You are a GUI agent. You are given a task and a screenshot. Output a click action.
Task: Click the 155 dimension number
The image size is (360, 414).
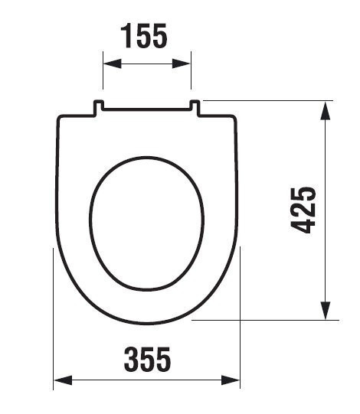tap(144, 36)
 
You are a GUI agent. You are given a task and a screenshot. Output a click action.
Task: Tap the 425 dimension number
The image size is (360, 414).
tap(303, 210)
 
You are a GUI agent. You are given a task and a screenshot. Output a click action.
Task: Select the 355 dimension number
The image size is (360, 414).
tap(147, 360)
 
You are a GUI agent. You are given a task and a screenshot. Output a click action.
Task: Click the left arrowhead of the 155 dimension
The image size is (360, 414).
tap(112, 64)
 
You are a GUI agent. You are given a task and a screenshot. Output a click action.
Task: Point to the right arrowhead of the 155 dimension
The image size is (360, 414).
tap(182, 64)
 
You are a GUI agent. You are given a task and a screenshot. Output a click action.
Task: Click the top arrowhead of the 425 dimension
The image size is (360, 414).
tap(325, 111)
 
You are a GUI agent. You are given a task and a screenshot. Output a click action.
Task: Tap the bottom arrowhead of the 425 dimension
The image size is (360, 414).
tap(325, 311)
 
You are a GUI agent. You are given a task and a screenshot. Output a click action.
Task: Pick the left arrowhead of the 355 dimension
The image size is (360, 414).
tap(63, 380)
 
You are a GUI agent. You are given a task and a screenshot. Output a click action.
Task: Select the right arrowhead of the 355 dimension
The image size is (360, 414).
tap(231, 380)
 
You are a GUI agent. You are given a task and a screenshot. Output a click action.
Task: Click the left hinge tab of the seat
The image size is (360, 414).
tap(98, 107)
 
